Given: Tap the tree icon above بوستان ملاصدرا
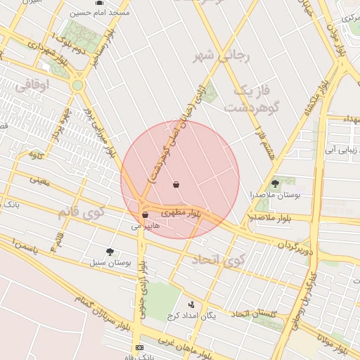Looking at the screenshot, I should [275, 184].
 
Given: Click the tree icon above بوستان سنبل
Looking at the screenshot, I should [110, 251].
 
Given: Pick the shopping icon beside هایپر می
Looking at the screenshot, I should [145, 215].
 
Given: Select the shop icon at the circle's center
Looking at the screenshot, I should [176, 185].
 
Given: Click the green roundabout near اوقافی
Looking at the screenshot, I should [77, 85].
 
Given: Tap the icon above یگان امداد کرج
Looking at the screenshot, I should [191, 304].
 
